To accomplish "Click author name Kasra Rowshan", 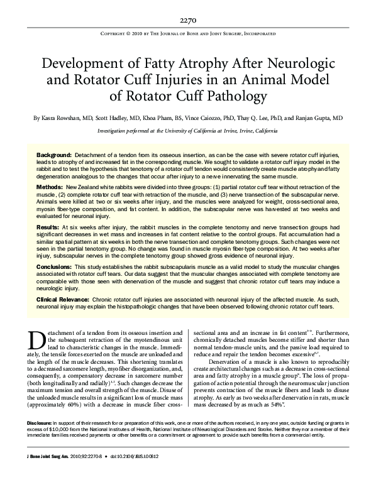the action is (x=63, y=118).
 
